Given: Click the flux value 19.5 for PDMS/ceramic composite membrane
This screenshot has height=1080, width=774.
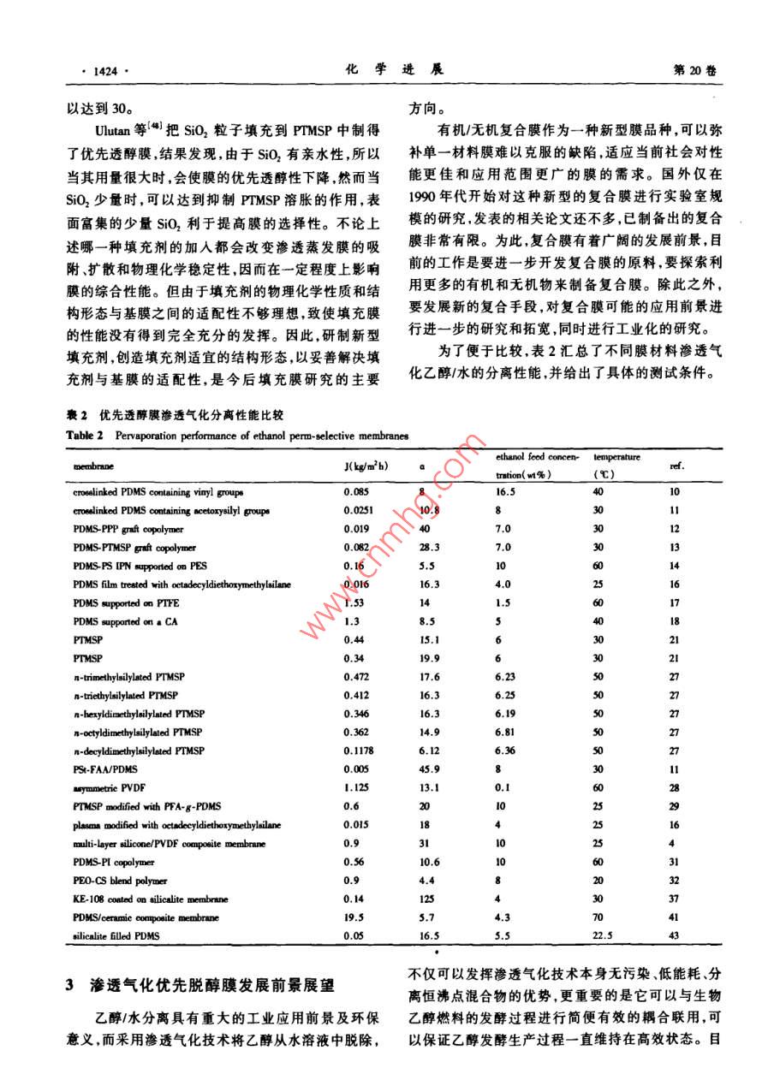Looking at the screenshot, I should [353, 917].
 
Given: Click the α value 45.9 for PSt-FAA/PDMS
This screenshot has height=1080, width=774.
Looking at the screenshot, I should [430, 769].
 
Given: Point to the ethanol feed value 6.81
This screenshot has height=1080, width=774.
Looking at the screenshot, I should [507, 733].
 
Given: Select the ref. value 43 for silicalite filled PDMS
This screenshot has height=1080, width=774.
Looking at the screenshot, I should [674, 936].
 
